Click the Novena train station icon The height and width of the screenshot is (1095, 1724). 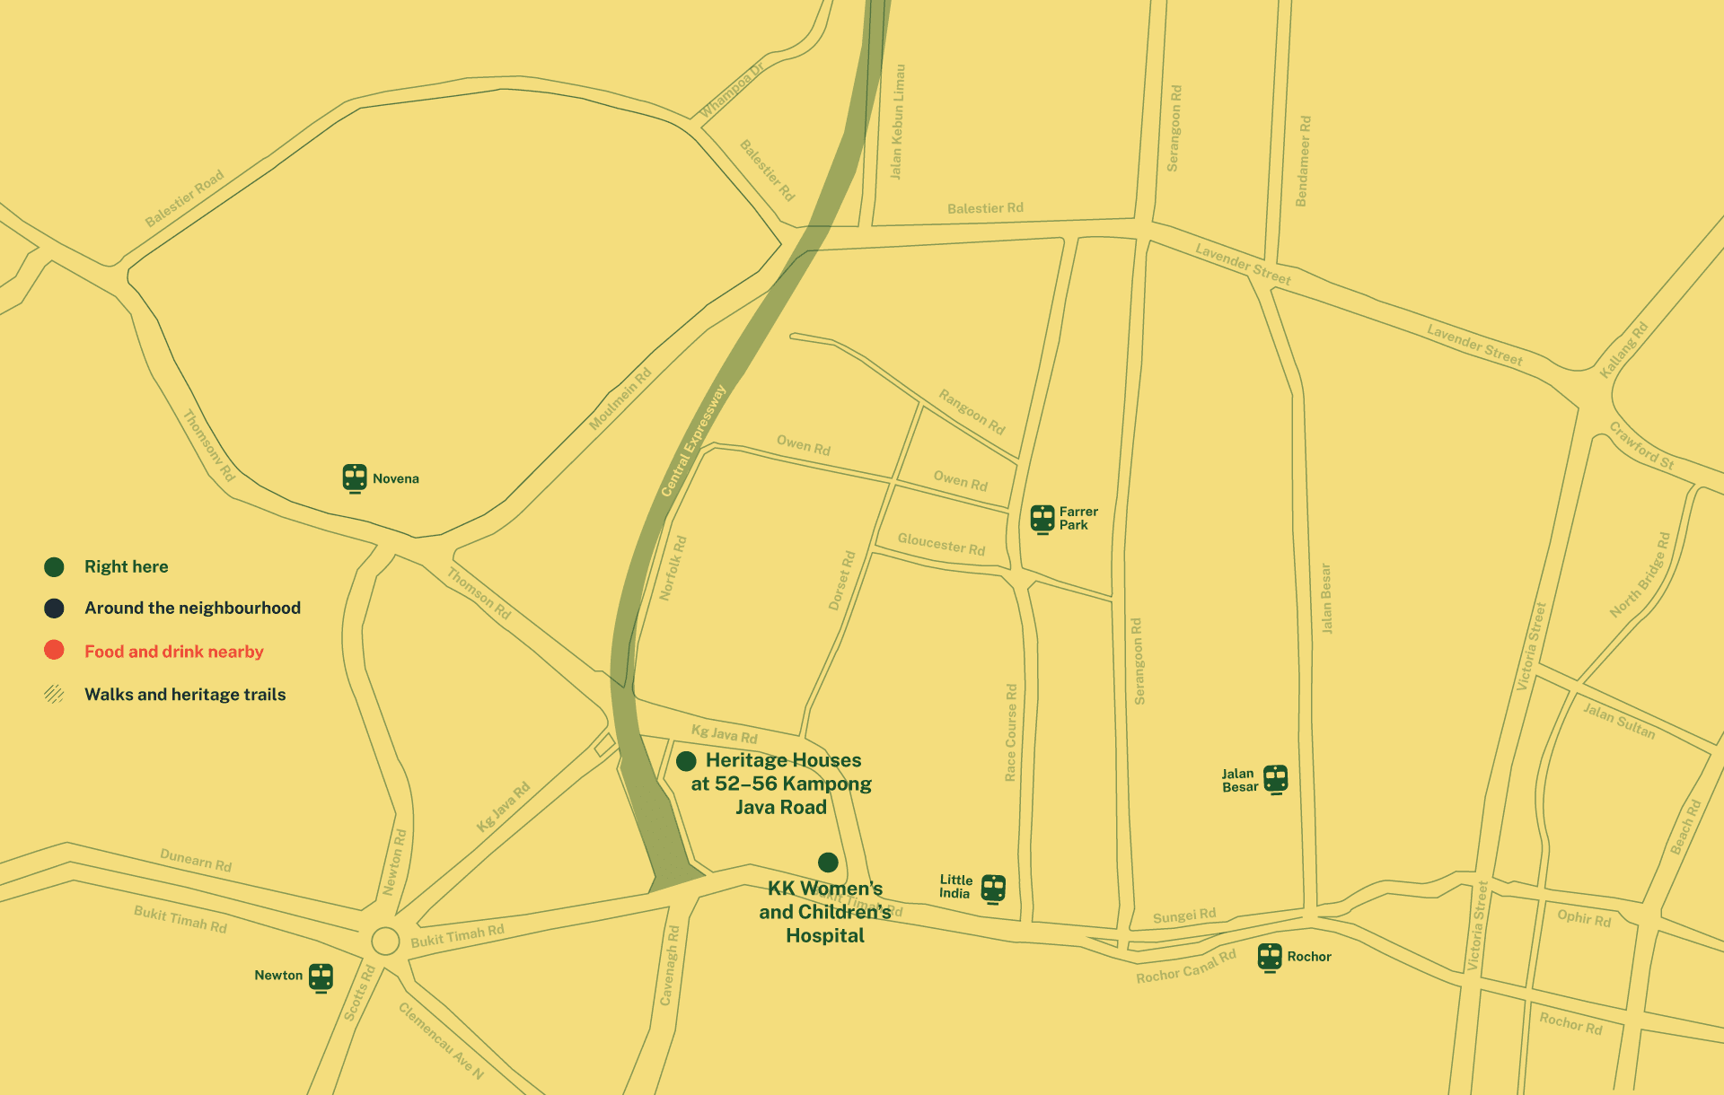[x=355, y=477]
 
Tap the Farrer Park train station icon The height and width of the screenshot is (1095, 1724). [x=1042, y=519]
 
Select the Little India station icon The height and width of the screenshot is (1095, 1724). [x=993, y=888]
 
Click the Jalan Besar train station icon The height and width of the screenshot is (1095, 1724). [x=1275, y=778]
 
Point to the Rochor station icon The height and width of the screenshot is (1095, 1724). [x=1270, y=957]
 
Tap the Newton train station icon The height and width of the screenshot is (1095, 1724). [x=321, y=977]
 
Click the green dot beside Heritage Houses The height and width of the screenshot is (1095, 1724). [x=686, y=761]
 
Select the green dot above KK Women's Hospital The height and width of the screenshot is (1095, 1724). [x=828, y=863]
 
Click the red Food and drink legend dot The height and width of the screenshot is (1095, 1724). [x=54, y=650]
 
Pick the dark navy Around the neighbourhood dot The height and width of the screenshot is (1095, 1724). [x=54, y=608]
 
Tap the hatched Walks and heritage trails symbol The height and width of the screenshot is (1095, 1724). [x=54, y=694]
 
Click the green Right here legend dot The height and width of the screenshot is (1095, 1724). [x=54, y=566]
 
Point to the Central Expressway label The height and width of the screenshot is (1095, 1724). [x=692, y=441]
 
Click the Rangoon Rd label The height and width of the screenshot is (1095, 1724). [x=972, y=411]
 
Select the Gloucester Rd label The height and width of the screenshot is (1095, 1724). [x=941, y=544]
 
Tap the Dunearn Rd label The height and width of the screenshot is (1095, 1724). [x=196, y=860]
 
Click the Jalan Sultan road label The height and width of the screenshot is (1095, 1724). [x=1618, y=720]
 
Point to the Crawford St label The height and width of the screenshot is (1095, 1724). [x=1641, y=445]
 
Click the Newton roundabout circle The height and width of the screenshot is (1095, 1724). [x=385, y=941]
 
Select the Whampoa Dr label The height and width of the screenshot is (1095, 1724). [x=731, y=92]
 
